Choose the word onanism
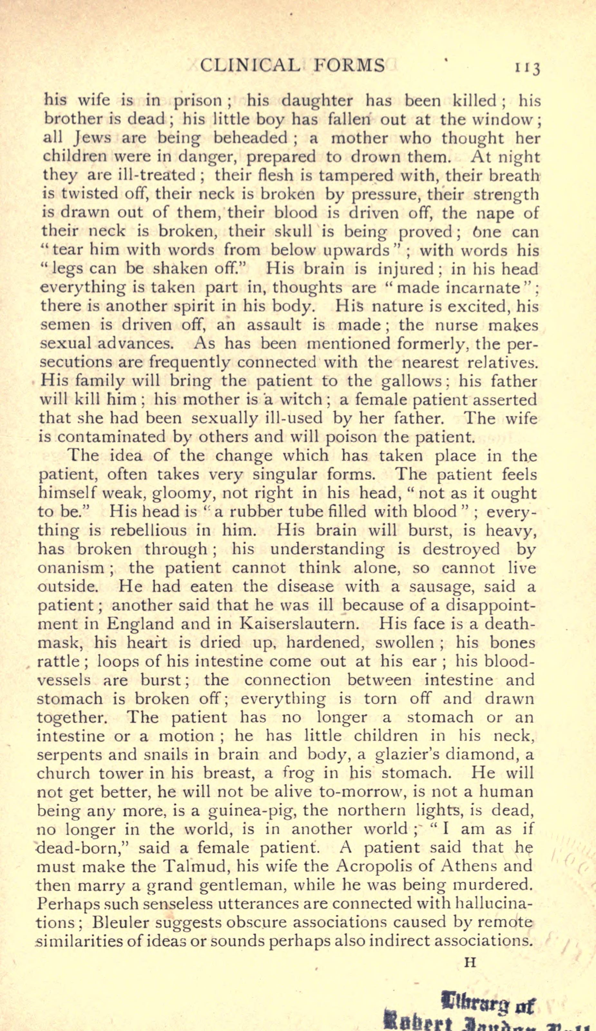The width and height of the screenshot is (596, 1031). coord(71,568)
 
